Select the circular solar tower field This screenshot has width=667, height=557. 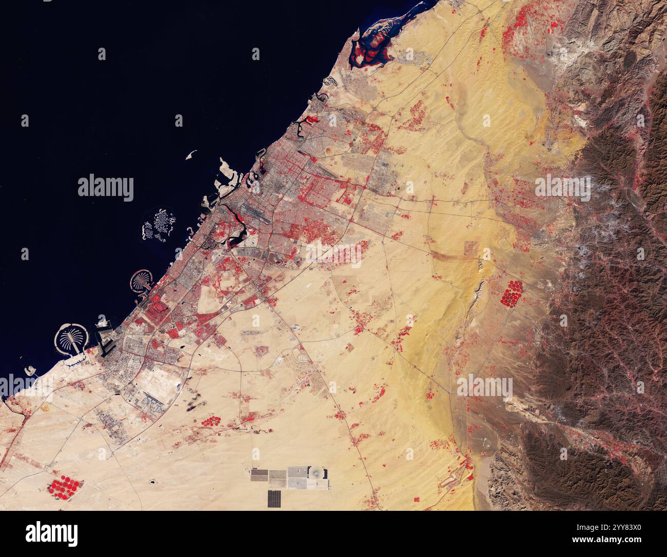click(x=317, y=473)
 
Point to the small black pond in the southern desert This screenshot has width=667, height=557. click(x=153, y=483)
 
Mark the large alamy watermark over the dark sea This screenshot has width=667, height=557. click(x=106, y=188)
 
